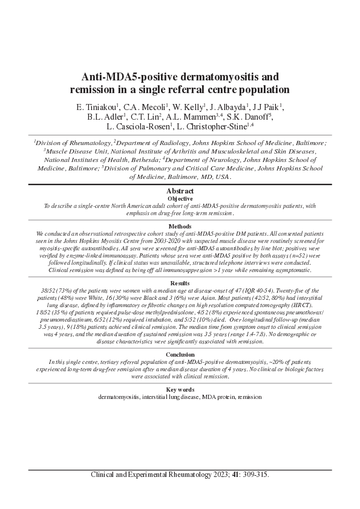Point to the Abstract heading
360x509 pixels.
[180, 192]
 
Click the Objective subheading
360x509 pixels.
[180, 198]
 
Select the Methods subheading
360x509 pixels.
[180, 226]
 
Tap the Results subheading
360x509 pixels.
[180, 282]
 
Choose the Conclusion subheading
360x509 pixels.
[180, 354]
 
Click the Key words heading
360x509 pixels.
[180, 390]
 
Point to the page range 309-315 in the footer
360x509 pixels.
[257, 475]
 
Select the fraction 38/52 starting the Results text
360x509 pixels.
[49, 290]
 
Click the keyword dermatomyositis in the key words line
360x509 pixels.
[119, 397]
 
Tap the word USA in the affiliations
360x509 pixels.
[222, 177]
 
